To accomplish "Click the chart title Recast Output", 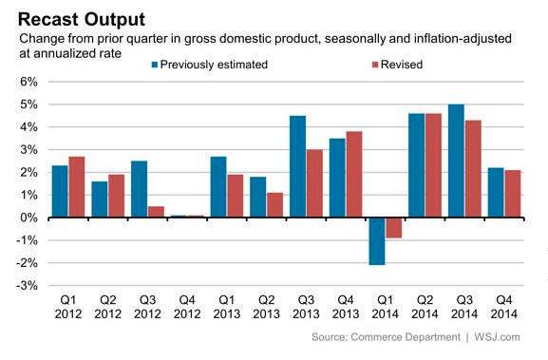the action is [82, 20].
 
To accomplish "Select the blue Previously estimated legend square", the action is [155, 65].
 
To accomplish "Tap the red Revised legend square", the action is [375, 65].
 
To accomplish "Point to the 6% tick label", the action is [28, 82].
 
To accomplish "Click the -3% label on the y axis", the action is [27, 286].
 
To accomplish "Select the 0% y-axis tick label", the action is [28, 218].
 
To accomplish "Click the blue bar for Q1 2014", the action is [377, 241].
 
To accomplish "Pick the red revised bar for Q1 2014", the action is [393, 228].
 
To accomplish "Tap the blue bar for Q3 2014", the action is [456, 161].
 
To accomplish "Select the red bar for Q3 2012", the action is [156, 212].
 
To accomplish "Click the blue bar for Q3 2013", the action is [298, 167].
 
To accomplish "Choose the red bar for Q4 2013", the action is [354, 175].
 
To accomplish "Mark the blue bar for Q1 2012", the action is [60, 192].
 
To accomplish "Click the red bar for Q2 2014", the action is [433, 165].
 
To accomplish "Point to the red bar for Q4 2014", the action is [513, 194].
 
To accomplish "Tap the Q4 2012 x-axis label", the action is [187, 307].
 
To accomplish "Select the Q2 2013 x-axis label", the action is [266, 307].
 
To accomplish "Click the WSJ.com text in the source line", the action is [497, 337].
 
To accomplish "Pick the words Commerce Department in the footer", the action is [406, 337].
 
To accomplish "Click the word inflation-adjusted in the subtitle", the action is [463, 38].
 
